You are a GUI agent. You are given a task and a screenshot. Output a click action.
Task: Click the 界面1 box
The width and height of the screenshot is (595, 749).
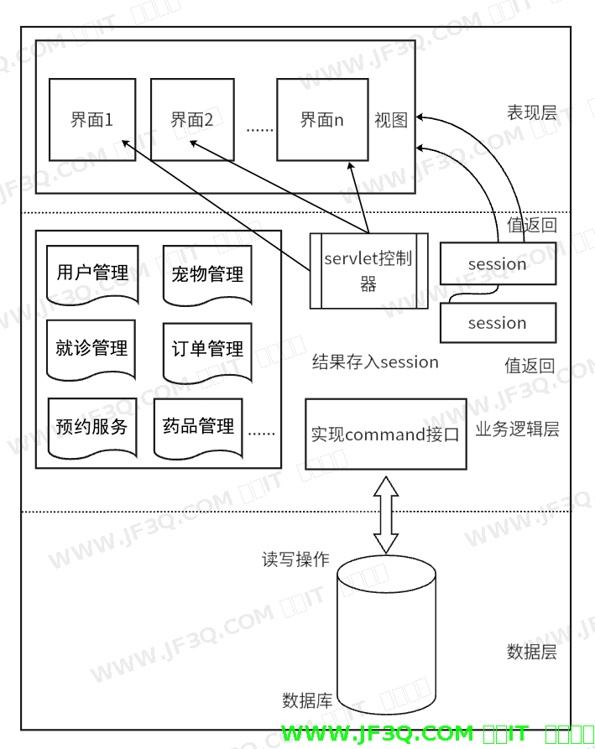pos(92,119)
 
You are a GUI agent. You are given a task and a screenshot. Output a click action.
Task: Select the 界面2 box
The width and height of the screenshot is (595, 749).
pos(192,119)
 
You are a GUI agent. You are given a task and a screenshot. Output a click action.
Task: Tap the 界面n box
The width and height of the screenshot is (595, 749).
pos(322,119)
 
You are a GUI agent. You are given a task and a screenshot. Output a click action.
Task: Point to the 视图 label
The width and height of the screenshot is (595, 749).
pos(391,120)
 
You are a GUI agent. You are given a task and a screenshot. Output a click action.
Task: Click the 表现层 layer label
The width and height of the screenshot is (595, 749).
pos(531,112)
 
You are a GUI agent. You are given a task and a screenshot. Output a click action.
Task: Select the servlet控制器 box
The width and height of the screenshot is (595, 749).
pos(368,270)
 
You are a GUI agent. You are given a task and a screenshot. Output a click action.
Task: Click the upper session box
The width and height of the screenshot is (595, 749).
pos(498,264)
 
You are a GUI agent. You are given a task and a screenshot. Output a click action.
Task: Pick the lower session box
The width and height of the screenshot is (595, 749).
pos(498,323)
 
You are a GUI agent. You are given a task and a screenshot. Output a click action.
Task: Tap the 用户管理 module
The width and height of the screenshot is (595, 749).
pos(92,273)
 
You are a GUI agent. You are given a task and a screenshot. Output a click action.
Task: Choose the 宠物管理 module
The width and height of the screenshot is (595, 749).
pos(207,274)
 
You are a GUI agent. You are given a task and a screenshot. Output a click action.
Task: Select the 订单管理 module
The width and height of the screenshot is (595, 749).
pos(207,349)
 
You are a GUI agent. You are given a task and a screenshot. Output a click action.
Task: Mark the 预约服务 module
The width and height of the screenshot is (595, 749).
pos(91,426)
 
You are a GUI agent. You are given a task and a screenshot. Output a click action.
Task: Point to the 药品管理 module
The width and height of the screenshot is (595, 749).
pos(198,426)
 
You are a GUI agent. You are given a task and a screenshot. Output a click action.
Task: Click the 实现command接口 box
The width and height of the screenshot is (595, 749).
pos(385,434)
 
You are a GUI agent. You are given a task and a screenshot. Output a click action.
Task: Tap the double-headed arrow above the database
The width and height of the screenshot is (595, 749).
pos(386,515)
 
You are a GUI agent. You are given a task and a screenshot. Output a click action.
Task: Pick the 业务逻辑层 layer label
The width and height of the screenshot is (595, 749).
pos(517,429)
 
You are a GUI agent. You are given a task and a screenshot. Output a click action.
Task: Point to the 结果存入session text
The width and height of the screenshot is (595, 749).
pos(375,362)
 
